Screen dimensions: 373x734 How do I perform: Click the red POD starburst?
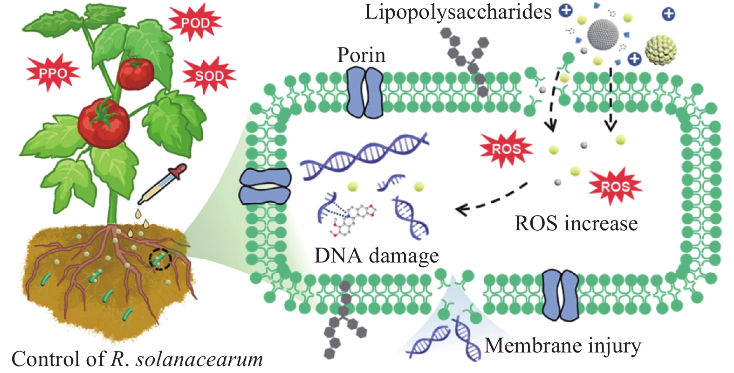coord(195,22)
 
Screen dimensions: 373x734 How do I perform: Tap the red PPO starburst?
coord(53,73)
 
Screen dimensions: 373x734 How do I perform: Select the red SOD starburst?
coord(209,75)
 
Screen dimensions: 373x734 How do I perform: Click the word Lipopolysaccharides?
coord(458,12)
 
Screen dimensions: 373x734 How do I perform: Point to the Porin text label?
coord(361,55)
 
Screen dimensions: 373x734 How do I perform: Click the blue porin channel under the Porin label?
coord(365,92)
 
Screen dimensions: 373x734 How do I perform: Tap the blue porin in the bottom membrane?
coord(561,295)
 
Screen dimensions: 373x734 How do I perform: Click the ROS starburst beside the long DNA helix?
coord(506,149)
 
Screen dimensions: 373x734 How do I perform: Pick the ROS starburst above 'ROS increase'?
coord(615,186)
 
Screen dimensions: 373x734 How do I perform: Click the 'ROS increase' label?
coord(576,223)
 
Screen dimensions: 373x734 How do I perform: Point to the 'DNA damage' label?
coord(377,256)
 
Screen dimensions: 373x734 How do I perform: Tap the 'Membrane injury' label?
coord(563,346)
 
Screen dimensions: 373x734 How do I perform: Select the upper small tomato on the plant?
coord(135,73)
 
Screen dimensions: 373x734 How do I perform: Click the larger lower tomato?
coord(103,123)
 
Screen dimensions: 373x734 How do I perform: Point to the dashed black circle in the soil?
coord(160,259)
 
